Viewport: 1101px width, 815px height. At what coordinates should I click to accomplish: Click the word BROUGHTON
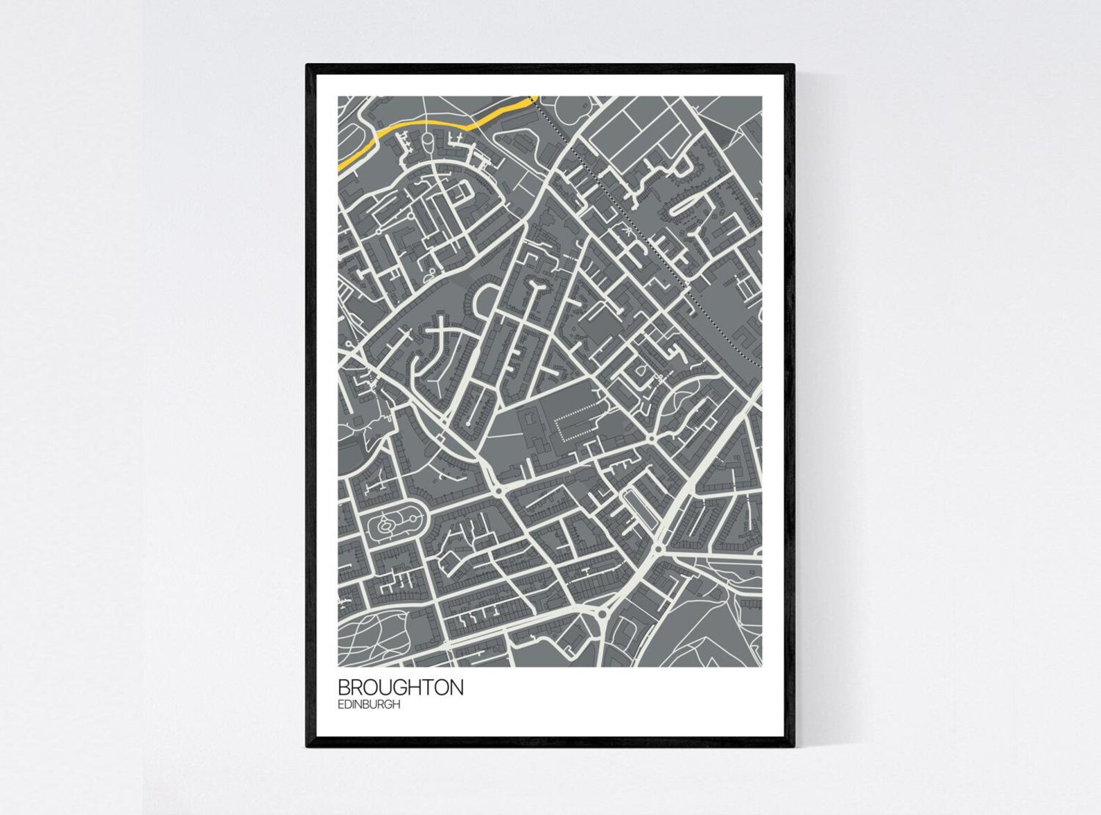click(400, 687)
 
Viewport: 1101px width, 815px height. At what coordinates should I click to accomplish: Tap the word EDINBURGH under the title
click(369, 705)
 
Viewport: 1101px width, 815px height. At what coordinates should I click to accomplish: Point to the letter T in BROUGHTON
click(430, 687)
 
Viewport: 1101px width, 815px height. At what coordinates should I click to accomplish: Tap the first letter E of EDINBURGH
click(340, 705)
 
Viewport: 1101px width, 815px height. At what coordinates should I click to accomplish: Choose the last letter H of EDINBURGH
click(397, 705)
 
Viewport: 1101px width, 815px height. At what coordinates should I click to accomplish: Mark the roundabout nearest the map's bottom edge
click(602, 614)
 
